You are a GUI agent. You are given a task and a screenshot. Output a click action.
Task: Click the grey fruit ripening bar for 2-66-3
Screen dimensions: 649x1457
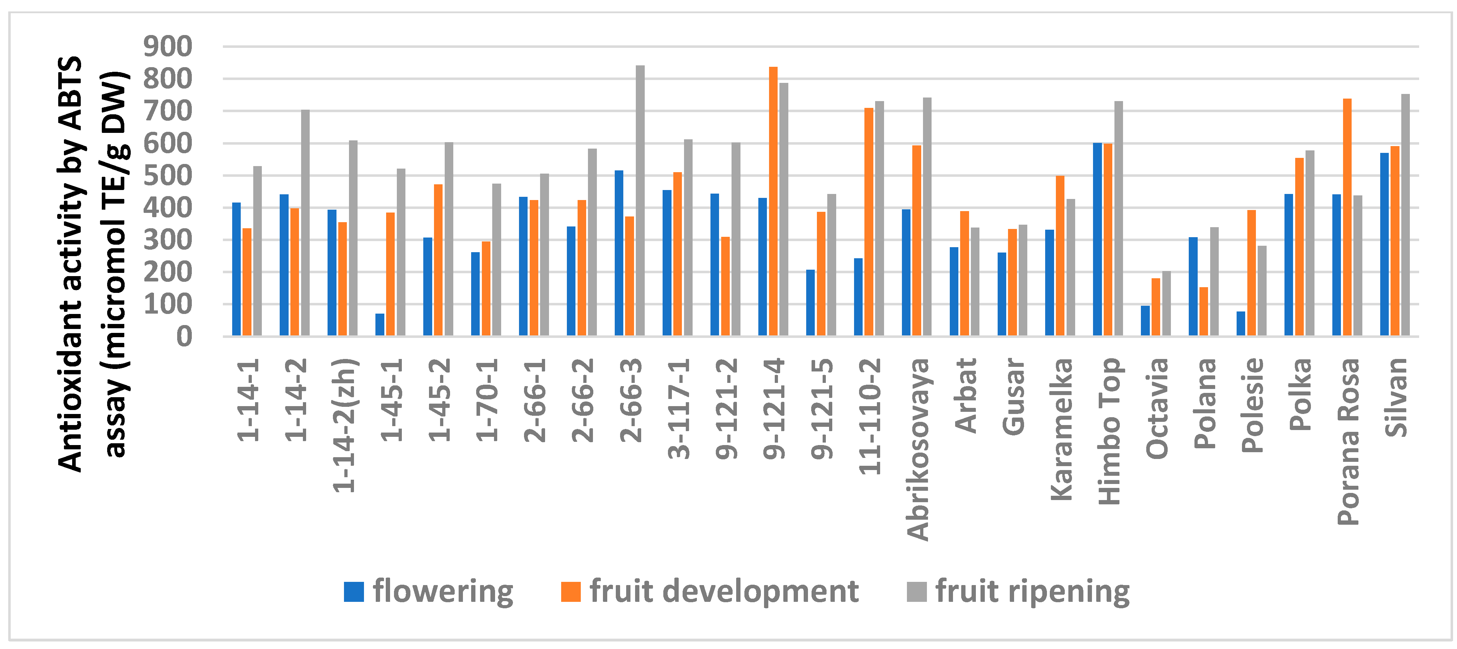coord(640,201)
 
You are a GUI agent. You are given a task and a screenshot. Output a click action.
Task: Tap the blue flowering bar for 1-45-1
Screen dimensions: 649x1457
coord(380,325)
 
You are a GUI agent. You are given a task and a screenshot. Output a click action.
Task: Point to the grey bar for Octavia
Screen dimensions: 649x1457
coord(1166,304)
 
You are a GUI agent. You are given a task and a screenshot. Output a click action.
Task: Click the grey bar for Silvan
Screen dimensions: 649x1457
coord(1406,215)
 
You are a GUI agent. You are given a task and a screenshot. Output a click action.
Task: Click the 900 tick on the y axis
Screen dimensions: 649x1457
coord(168,46)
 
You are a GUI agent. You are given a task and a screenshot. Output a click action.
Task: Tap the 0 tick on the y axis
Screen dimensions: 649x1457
coord(184,337)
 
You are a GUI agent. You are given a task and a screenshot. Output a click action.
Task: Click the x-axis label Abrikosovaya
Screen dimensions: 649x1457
coord(917,450)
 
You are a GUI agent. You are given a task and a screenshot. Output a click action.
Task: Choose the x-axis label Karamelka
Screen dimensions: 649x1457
coord(1061,430)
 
